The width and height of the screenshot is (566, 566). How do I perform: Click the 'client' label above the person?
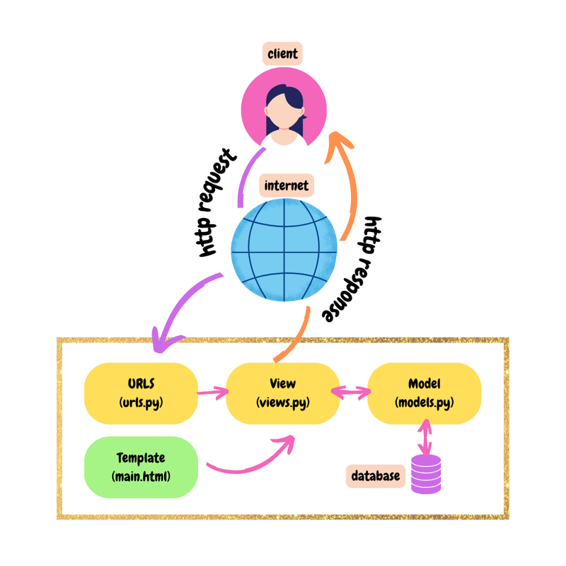[x=283, y=54]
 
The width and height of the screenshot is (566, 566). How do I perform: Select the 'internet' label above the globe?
[x=286, y=186]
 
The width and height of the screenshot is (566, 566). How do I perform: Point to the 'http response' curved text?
[x=353, y=270]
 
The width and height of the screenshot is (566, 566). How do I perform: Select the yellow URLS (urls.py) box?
[x=141, y=393]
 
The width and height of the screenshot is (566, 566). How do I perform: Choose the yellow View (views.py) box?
[x=282, y=393]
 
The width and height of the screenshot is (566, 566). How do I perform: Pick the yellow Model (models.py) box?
[x=424, y=393]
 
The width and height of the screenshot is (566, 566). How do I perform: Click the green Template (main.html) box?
[x=141, y=466]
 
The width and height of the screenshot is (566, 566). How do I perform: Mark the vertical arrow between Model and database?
[x=424, y=437]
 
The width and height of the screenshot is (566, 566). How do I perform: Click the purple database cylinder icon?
[x=426, y=474]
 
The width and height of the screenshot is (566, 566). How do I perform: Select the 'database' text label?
[x=375, y=476]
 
